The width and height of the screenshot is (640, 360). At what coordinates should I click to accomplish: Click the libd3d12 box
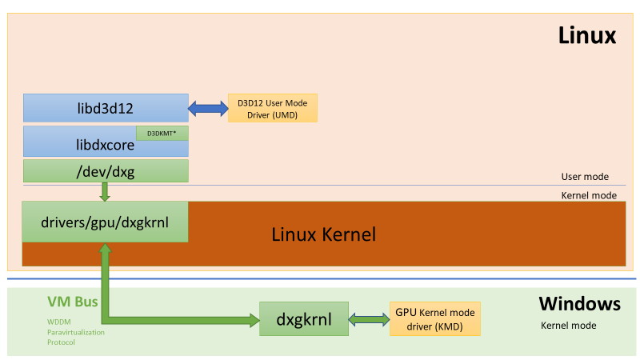pyautogui.click(x=106, y=108)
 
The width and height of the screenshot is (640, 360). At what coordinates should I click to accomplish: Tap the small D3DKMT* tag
pyautogui.click(x=162, y=133)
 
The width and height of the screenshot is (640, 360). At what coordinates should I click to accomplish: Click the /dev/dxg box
pyautogui.click(x=106, y=170)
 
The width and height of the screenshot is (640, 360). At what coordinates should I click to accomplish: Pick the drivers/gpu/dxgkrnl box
pyautogui.click(x=105, y=222)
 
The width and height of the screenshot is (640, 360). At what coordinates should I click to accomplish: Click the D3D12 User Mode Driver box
pyautogui.click(x=272, y=108)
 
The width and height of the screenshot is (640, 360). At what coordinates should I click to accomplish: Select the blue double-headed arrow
pyautogui.click(x=208, y=108)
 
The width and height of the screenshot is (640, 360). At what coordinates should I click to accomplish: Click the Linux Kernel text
pyautogui.click(x=323, y=234)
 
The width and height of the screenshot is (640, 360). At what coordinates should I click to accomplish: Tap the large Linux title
pyautogui.click(x=586, y=36)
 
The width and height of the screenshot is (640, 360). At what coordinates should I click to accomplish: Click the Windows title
pyautogui.click(x=579, y=304)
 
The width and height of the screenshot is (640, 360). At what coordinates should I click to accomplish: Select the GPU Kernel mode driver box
pyautogui.click(x=434, y=319)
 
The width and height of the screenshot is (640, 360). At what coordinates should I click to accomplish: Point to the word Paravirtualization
pyautogui.click(x=75, y=331)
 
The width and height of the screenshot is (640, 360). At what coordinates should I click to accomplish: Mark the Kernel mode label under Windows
pyautogui.click(x=568, y=326)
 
